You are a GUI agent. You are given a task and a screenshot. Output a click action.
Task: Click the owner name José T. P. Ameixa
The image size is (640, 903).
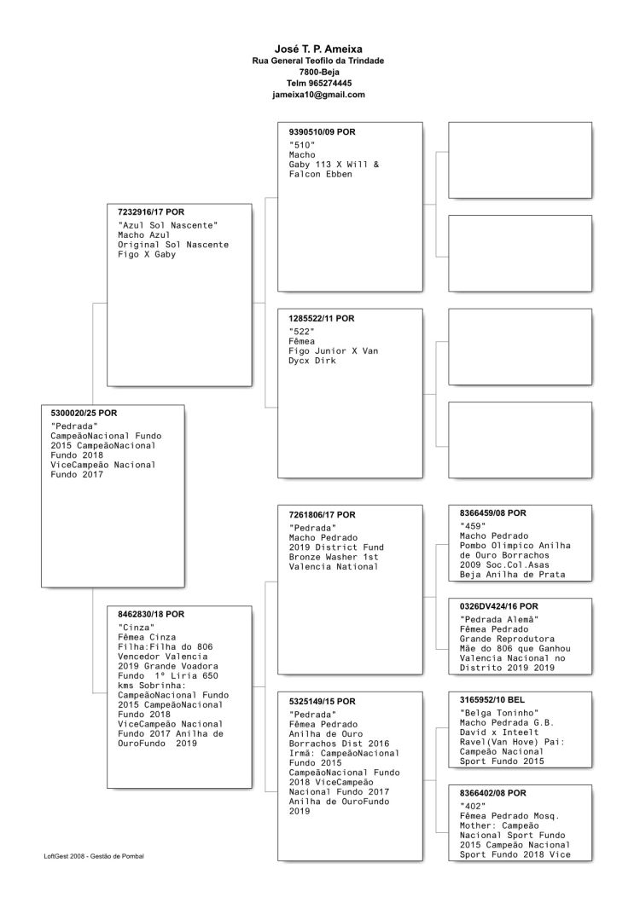click(x=318, y=49)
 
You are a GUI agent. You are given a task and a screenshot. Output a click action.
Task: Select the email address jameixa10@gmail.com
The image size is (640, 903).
click(x=318, y=95)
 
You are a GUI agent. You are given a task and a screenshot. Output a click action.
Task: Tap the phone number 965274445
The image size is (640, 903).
click(x=330, y=84)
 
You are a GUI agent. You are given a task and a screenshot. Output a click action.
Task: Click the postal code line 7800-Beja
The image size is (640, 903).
click(x=318, y=72)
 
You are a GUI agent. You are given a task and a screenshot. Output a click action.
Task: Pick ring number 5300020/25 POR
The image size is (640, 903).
click(x=84, y=413)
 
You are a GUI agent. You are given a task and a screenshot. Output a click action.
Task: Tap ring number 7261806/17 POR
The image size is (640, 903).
click(x=323, y=514)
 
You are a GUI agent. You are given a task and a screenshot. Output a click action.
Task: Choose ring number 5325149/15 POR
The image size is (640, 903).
click(x=323, y=701)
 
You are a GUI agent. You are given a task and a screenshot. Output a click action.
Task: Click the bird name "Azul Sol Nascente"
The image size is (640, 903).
click(x=168, y=224)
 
